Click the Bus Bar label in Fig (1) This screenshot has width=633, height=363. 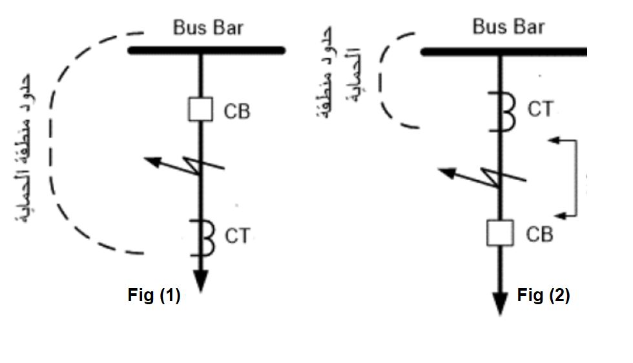pyautogui.click(x=208, y=28)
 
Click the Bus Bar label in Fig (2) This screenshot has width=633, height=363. pyautogui.click(x=508, y=27)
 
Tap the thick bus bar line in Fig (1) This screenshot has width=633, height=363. pyautogui.click(x=207, y=50)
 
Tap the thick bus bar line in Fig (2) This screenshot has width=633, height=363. pyautogui.click(x=504, y=51)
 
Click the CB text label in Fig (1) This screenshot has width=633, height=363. pyautogui.click(x=236, y=111)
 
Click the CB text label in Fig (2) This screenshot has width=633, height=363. pyautogui.click(x=539, y=234)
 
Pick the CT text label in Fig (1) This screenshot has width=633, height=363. pyautogui.click(x=236, y=237)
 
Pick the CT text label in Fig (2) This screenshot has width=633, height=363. pyautogui.click(x=540, y=109)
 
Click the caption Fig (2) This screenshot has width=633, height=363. pyautogui.click(x=543, y=296)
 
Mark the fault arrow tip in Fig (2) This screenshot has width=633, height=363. pyautogui.click(x=440, y=171)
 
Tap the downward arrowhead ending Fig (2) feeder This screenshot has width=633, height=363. pyautogui.click(x=500, y=302)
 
